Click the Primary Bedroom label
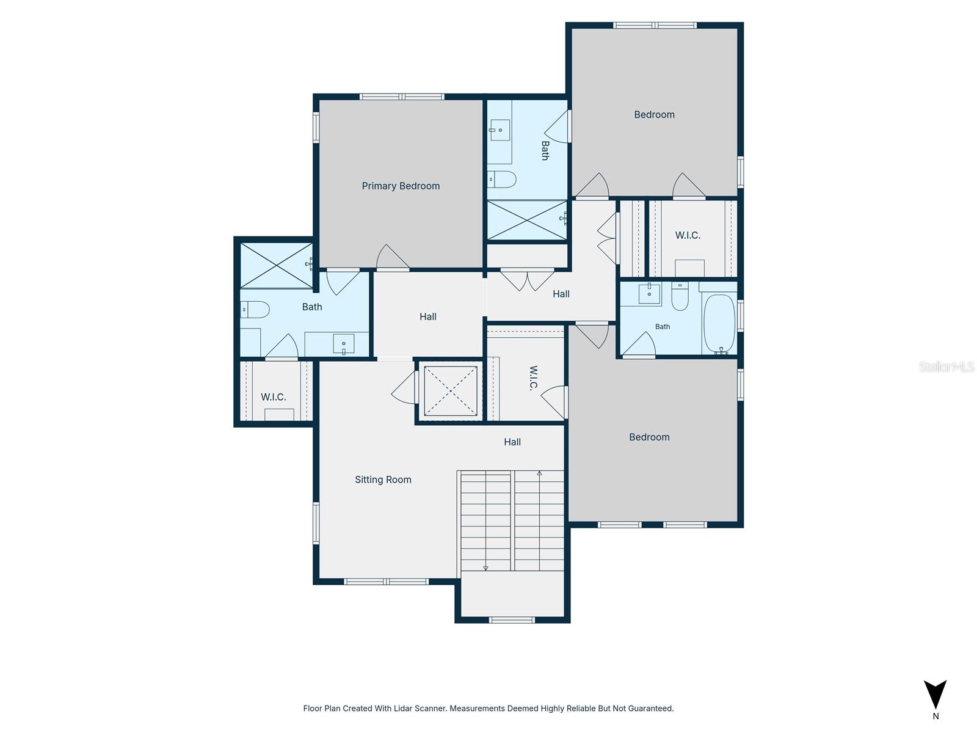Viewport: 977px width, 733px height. pyautogui.click(x=401, y=186)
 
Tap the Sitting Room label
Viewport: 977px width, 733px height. pyautogui.click(x=383, y=480)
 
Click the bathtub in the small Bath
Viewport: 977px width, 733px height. pyautogui.click(x=719, y=324)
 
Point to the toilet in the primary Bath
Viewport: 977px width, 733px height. pyautogui.click(x=255, y=309)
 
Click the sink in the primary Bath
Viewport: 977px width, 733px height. pyautogui.click(x=344, y=344)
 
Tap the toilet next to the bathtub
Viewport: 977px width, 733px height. pyautogui.click(x=680, y=296)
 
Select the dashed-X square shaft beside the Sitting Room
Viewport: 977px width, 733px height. pyautogui.click(x=451, y=391)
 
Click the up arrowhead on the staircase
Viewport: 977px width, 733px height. pyautogui.click(x=539, y=473)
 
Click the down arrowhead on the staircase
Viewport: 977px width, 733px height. pyautogui.click(x=485, y=568)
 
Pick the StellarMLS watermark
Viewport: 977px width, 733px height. pyautogui.click(x=946, y=366)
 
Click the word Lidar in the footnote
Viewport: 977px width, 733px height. pyautogui.click(x=404, y=708)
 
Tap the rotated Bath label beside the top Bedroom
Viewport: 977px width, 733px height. pyautogui.click(x=545, y=150)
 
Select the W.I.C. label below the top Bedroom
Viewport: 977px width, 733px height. pyautogui.click(x=688, y=235)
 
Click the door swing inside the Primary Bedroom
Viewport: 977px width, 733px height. pyautogui.click(x=393, y=257)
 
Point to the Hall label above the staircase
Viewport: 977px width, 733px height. pyautogui.click(x=512, y=442)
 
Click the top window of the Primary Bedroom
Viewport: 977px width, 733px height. pyautogui.click(x=401, y=97)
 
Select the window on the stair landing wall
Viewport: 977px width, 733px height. pyautogui.click(x=512, y=620)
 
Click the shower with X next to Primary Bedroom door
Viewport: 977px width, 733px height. pyautogui.click(x=277, y=266)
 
